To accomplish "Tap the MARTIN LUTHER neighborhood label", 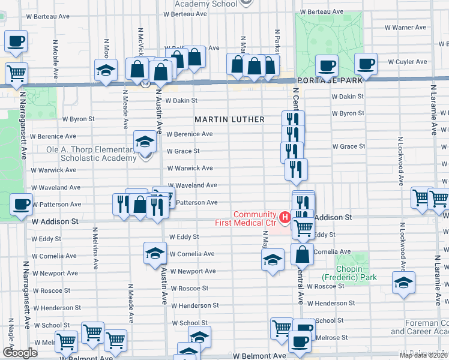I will [x=229, y=119].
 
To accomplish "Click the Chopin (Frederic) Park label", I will [x=341, y=274].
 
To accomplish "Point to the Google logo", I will [x=20, y=353].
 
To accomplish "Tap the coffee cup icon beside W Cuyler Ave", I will [x=365, y=63].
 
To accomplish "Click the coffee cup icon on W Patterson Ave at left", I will [x=21, y=203].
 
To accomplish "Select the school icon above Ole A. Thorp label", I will [x=144, y=142].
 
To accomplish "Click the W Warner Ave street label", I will [x=405, y=28].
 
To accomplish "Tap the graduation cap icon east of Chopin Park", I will [x=403, y=283].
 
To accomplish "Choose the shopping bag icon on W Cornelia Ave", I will [x=303, y=254].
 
